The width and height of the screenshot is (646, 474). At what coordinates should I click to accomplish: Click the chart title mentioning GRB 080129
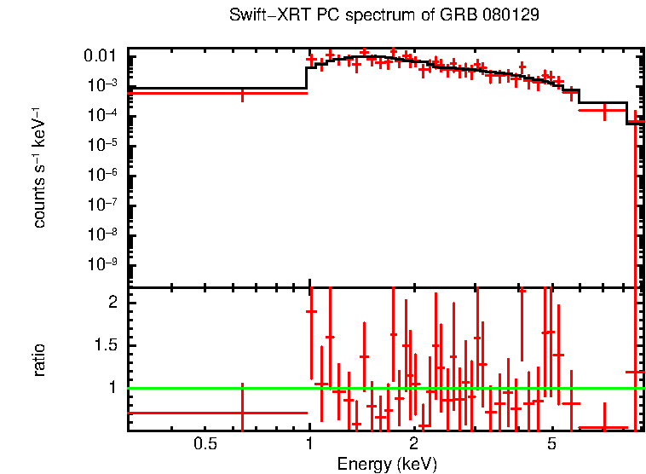click(384, 16)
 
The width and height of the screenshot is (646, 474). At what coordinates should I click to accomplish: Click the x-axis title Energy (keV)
click(387, 464)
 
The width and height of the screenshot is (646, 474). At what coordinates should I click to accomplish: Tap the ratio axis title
click(39, 360)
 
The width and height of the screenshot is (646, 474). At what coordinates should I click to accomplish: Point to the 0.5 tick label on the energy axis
click(204, 444)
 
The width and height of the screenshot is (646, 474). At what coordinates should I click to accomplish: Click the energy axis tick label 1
click(309, 444)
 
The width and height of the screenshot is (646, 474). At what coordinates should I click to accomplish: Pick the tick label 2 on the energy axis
click(413, 444)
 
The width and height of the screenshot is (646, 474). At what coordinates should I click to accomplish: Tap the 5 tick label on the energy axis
click(551, 444)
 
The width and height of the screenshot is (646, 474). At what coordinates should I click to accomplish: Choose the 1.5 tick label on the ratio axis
click(107, 345)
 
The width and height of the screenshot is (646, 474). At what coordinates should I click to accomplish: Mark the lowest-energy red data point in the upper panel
click(243, 93)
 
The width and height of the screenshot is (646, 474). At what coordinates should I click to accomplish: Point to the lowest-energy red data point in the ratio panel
click(243, 413)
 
